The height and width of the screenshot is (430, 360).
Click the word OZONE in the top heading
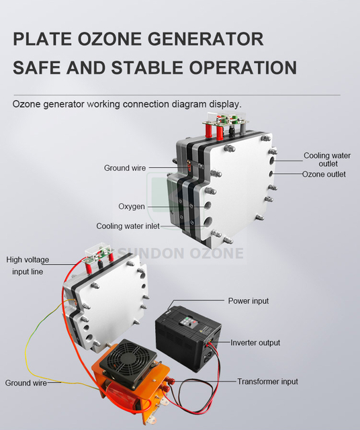[116, 38]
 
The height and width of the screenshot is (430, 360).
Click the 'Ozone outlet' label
[324, 174]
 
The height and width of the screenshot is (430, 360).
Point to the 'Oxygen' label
[132, 206]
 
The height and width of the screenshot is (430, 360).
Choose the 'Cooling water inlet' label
[128, 226]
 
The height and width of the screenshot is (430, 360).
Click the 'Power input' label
[248, 301]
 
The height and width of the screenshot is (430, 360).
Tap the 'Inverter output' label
[255, 343]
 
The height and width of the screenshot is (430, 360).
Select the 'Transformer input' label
[267, 382]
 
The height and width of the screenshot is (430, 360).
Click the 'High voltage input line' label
[28, 266]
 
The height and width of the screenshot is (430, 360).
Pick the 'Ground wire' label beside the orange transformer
[26, 383]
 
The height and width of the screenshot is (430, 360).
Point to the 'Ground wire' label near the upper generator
[124, 168]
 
